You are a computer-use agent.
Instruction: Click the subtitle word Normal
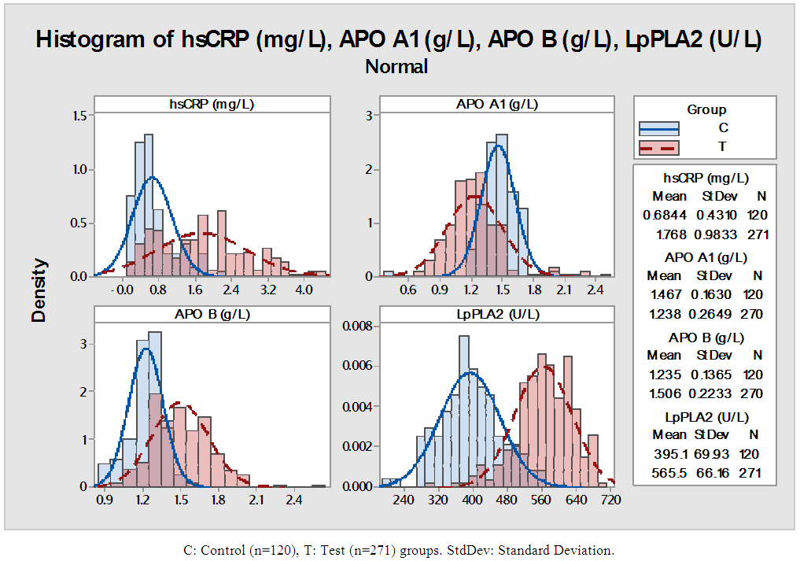click(x=396, y=66)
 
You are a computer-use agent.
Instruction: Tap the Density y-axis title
click(x=40, y=290)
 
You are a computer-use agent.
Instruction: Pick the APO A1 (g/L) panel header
click(x=496, y=104)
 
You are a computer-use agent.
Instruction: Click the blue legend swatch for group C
click(x=659, y=128)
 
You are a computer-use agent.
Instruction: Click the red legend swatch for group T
click(x=659, y=147)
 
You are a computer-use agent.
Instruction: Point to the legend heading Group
click(x=706, y=109)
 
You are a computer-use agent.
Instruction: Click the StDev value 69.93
click(x=714, y=454)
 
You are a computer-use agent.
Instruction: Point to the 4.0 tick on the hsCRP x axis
click(x=303, y=290)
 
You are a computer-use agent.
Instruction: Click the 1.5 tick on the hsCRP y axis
click(x=79, y=116)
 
